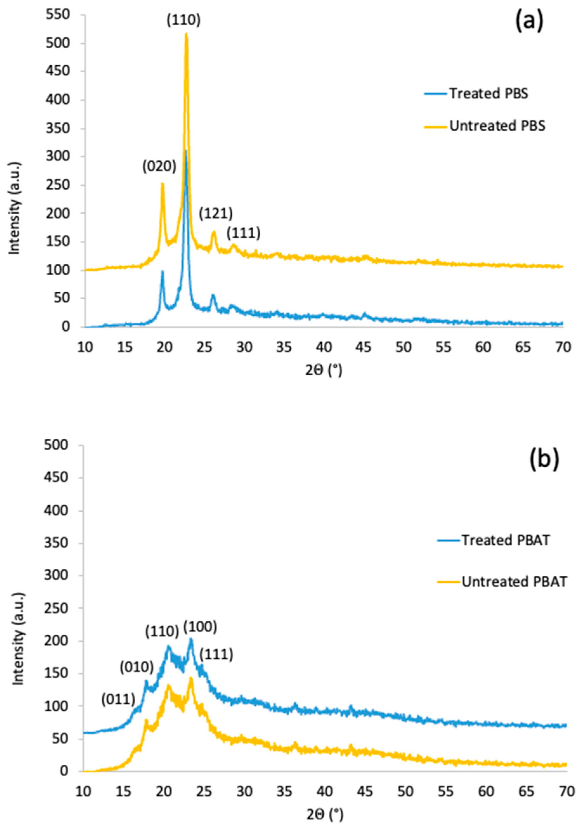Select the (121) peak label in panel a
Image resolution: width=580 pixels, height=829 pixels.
pos(216,214)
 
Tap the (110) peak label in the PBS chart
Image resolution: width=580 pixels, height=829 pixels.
pos(183,21)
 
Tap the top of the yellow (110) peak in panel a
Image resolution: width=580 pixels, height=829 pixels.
pos(186,34)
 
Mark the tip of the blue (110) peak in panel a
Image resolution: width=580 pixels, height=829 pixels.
pos(185,151)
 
